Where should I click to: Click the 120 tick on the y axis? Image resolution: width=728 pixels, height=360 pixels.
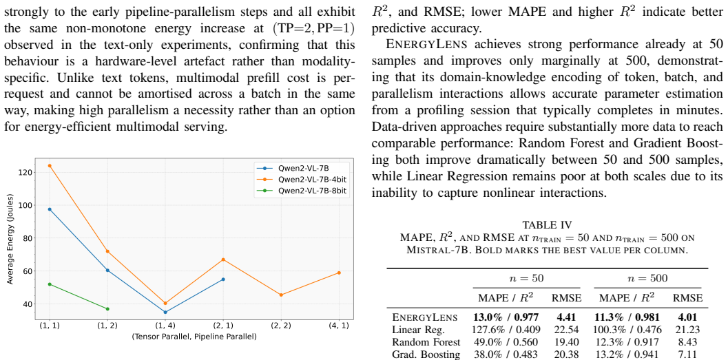(25, 173)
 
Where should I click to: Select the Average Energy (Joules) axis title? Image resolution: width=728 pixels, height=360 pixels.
(10, 238)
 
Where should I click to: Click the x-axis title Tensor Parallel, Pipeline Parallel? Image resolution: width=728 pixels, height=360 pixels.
(194, 337)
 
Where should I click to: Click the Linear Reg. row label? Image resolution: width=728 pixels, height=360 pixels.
(419, 330)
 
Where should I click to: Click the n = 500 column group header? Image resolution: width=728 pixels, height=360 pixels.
(647, 278)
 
